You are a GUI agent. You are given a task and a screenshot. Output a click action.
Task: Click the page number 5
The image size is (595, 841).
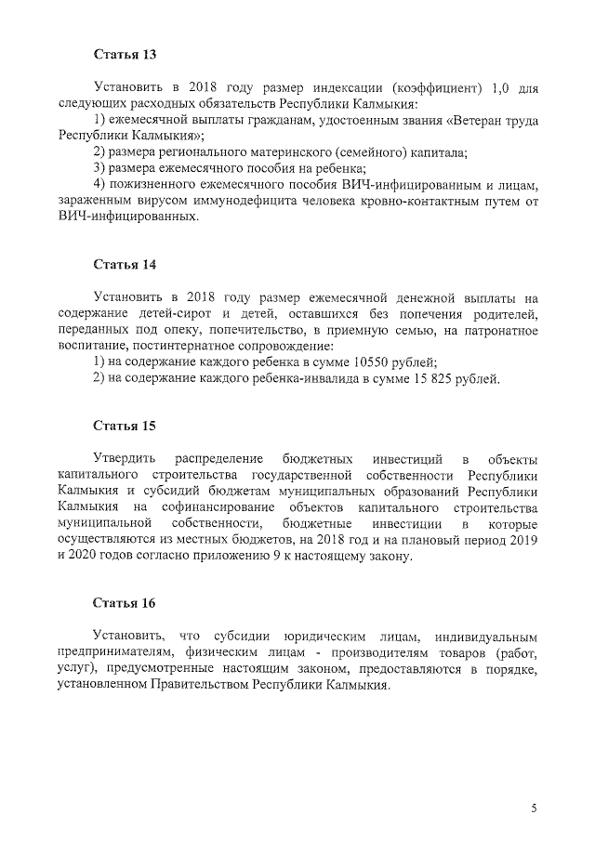pyautogui.click(x=535, y=808)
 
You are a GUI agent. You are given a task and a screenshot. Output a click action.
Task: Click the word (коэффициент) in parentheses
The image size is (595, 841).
pyautogui.click(x=432, y=87)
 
